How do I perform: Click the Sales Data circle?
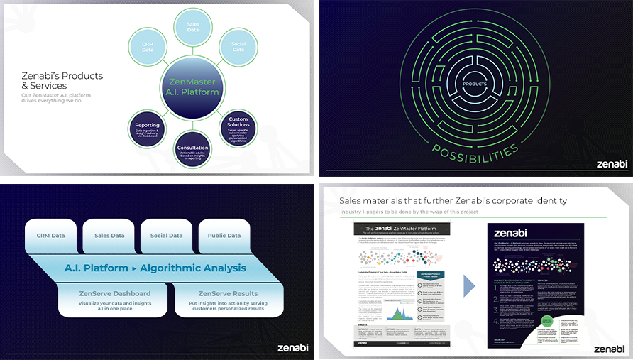tap(192, 27)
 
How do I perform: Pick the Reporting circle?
tap(147, 128)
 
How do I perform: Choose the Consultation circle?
tap(192, 151)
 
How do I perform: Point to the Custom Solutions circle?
tap(238, 128)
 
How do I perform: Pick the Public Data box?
tap(224, 236)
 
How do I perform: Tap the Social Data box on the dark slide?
tap(165, 236)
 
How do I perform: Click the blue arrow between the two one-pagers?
tap(469, 285)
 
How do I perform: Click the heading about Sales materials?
tap(453, 201)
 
